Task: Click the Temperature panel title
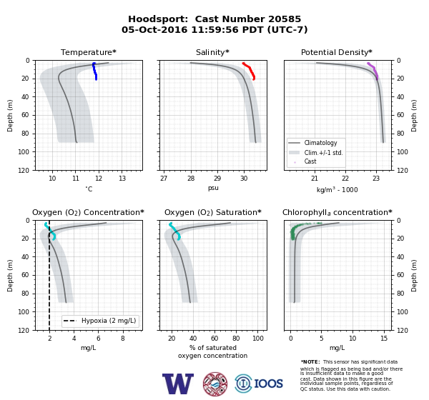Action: [89, 52]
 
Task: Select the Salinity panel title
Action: [212, 52]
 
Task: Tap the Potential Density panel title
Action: [337, 52]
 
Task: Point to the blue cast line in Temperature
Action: [95, 71]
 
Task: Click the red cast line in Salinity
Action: [250, 71]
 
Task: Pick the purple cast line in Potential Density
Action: [373, 71]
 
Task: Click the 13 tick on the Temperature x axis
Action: [122, 179]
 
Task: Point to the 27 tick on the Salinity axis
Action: [164, 179]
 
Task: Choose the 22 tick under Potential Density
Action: [345, 179]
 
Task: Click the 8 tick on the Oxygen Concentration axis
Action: [123, 339]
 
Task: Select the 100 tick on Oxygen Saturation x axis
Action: [257, 339]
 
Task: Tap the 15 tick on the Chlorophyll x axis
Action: [384, 339]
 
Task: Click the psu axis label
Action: [213, 188]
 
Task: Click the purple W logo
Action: [178, 384]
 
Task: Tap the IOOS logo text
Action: [268, 384]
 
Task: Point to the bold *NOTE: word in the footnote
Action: [310, 361]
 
